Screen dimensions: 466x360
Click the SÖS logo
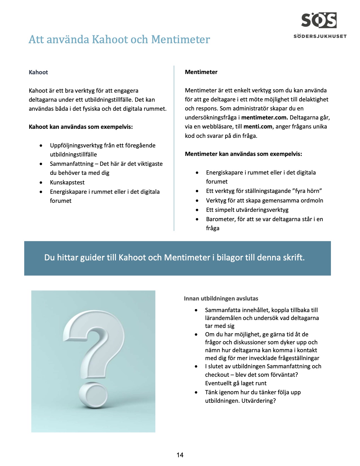(x=319, y=20)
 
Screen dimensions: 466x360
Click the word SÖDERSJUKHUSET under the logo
(x=320, y=36)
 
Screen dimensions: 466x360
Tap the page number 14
(x=180, y=455)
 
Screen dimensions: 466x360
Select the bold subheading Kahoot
(x=38, y=72)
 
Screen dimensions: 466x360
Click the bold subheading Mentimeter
(x=201, y=72)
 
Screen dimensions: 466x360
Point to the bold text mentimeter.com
(x=265, y=117)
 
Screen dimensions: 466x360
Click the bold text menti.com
(x=258, y=127)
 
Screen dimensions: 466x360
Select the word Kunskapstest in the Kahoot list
(x=67, y=182)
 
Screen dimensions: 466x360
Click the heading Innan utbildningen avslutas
(x=221, y=299)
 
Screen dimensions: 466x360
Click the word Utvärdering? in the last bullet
(x=258, y=401)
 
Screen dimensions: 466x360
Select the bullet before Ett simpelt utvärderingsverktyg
(x=197, y=210)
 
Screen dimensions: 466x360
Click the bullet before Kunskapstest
(x=41, y=183)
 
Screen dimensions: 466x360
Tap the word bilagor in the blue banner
(x=228, y=258)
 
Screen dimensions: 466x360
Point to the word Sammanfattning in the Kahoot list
(x=72, y=164)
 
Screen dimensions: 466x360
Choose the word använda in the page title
(x=68, y=40)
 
